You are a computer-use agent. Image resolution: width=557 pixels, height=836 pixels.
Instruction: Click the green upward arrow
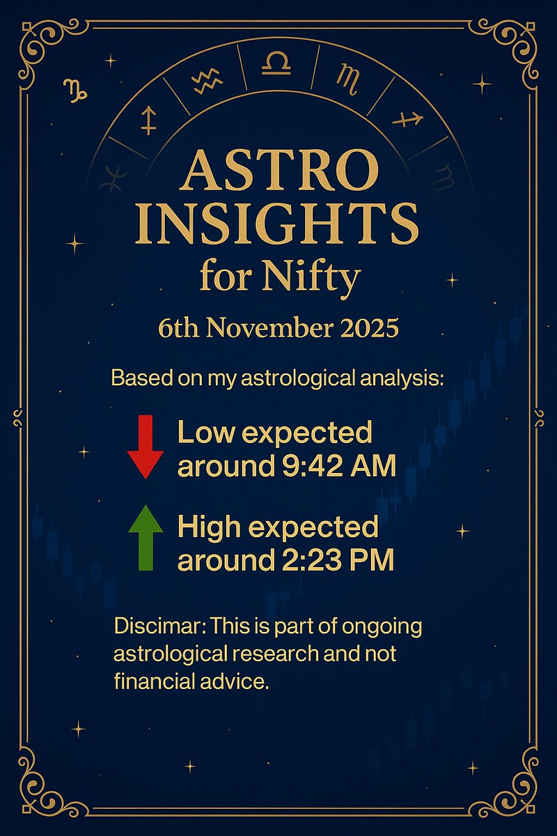pyautogui.click(x=146, y=538)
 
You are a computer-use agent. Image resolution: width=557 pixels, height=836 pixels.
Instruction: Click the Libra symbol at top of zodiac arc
pyautogui.click(x=276, y=65)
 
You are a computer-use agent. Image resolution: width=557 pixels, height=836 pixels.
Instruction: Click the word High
pyautogui.click(x=208, y=527)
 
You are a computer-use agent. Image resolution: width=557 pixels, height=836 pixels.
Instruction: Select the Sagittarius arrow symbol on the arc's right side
pyautogui.click(x=408, y=120)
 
